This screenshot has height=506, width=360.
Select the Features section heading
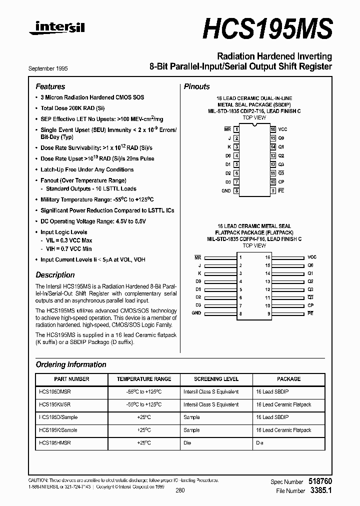(50, 86)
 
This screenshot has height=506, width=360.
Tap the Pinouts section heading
(196, 86)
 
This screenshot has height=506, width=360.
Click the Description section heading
(55, 275)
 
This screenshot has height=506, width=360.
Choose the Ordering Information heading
(71, 364)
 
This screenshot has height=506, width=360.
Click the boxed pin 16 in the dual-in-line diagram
(273, 129)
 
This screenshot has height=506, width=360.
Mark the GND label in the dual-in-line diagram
(226, 190)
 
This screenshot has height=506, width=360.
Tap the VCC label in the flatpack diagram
(312, 256)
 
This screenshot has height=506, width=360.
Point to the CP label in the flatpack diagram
(310, 305)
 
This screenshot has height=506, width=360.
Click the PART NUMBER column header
(71, 379)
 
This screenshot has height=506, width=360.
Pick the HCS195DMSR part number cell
(58, 391)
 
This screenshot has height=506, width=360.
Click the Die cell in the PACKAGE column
(259, 443)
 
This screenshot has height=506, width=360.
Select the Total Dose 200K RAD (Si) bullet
(72, 108)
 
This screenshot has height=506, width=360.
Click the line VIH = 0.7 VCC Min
(69, 248)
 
